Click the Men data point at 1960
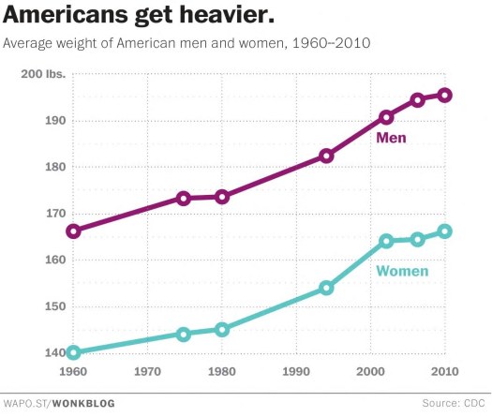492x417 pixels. click(74, 231)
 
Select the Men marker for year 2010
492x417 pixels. click(445, 95)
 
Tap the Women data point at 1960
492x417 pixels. click(74, 352)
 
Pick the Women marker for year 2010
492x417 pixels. click(445, 231)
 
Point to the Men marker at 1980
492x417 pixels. click(222, 197)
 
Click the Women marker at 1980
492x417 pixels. click(222, 329)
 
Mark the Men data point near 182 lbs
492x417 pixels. click(326, 156)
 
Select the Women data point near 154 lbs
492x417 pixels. click(326, 288)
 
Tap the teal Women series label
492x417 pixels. click(402, 272)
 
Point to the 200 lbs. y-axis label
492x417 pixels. click(44, 74)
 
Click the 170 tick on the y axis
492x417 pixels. click(54, 214)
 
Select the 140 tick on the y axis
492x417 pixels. click(54, 352)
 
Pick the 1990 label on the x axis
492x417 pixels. click(297, 372)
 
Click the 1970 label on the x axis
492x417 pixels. click(148, 372)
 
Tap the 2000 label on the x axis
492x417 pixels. click(371, 372)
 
